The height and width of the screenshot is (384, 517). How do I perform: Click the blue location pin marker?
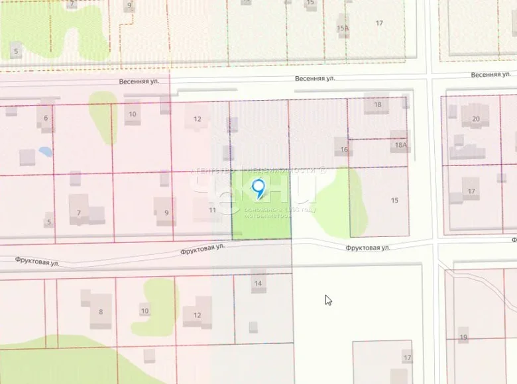(259, 188)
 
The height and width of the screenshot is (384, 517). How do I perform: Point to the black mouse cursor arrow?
(327, 300)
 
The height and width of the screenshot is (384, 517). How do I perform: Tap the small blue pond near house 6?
(46, 152)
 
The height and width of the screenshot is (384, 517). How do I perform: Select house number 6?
(46, 119)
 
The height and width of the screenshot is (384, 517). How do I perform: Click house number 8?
(101, 312)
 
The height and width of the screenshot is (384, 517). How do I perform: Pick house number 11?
(212, 210)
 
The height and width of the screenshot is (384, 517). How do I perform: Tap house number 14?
(258, 283)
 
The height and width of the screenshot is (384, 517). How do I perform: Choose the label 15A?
(343, 28)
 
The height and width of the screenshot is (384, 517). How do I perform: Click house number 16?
(344, 150)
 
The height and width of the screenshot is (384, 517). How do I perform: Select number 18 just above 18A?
(378, 105)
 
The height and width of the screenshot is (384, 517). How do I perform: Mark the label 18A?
(400, 144)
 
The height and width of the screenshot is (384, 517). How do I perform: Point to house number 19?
(463, 337)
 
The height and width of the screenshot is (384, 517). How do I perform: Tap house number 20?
(476, 119)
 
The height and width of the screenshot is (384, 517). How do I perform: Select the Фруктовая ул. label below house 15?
(367, 248)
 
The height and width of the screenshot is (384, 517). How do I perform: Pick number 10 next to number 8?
(144, 311)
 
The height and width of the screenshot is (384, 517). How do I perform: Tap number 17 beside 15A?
(379, 23)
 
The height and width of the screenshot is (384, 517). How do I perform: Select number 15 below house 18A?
(395, 200)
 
